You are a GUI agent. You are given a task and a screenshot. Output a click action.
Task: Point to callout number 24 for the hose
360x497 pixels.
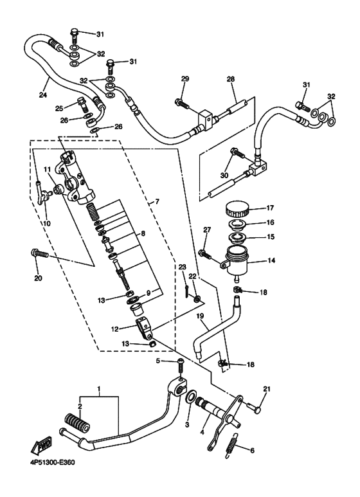point(43,95)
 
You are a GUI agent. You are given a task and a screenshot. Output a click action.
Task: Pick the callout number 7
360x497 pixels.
point(157,201)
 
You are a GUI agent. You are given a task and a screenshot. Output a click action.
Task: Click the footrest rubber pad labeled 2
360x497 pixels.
point(78,423)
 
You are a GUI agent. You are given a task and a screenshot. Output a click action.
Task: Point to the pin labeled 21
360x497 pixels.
point(253,408)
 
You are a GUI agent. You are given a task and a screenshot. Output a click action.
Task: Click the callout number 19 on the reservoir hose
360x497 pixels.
point(199,316)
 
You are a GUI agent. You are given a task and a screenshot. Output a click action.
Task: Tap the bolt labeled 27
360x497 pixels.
point(204,254)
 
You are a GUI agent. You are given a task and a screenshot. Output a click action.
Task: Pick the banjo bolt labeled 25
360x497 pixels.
point(82,105)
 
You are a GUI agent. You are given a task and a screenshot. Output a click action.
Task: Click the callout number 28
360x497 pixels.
point(231,79)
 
